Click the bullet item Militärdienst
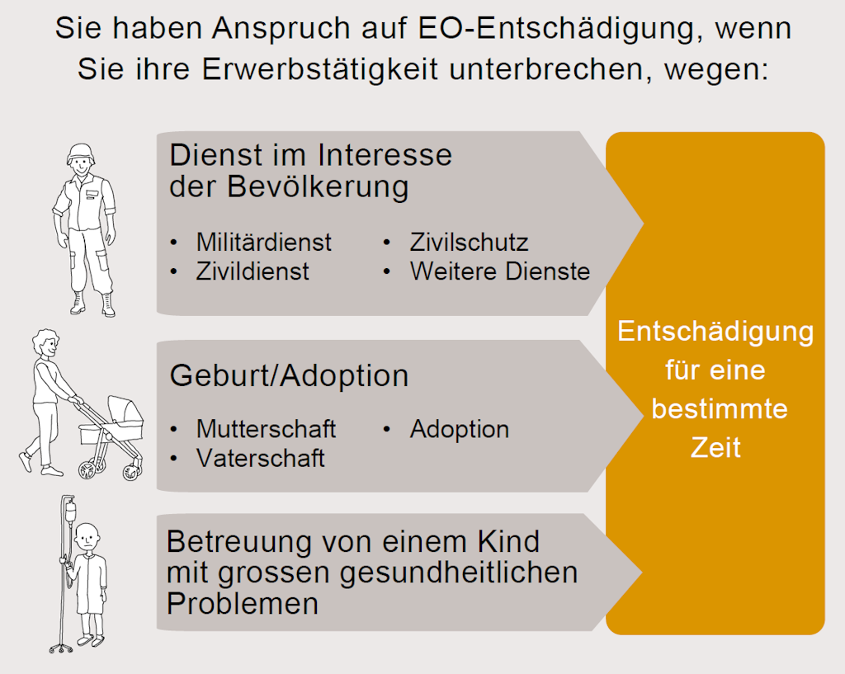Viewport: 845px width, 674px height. [x=263, y=243]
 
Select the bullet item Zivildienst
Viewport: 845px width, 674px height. [x=253, y=271]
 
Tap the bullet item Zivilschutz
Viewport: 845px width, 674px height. [x=469, y=243]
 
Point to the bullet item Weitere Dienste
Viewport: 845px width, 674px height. [x=500, y=271]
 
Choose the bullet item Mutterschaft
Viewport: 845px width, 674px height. [x=266, y=429]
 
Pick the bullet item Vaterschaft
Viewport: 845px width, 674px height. [x=260, y=458]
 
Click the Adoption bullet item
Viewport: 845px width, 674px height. [x=459, y=429]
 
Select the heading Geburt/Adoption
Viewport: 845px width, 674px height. [x=289, y=376]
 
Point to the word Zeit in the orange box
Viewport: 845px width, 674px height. [x=715, y=447]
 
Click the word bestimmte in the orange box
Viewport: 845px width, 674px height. [x=715, y=408]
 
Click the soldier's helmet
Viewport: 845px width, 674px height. [x=82, y=150]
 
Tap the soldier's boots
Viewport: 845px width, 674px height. [x=92, y=304]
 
